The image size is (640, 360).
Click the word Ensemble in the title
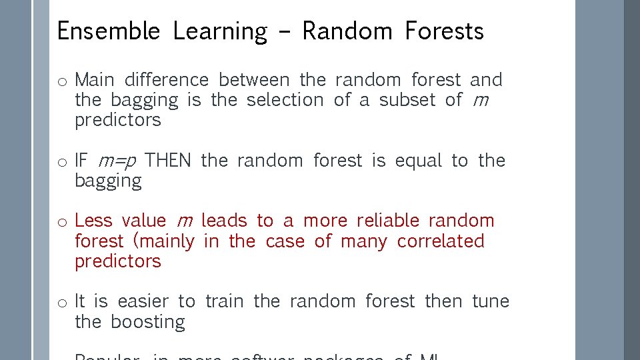(x=108, y=31)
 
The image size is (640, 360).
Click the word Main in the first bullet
(x=95, y=80)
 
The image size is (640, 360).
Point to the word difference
(x=167, y=80)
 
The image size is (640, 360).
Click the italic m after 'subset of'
(x=479, y=101)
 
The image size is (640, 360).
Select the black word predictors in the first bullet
(x=118, y=121)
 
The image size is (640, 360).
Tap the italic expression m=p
(x=118, y=161)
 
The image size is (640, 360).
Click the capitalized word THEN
(x=168, y=161)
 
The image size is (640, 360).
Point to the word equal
(x=418, y=161)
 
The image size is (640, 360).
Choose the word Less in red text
(x=93, y=221)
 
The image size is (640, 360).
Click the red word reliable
(x=388, y=221)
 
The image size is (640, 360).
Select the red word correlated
(x=441, y=241)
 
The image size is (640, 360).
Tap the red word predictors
(x=118, y=261)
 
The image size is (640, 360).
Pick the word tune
(x=491, y=301)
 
